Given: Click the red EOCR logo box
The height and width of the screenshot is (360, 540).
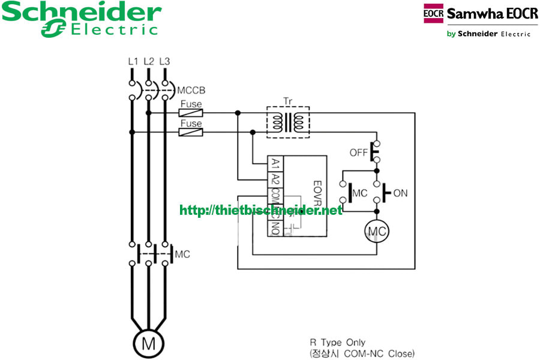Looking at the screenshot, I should click(433, 14).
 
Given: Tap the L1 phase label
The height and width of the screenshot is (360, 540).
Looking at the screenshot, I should click(133, 61).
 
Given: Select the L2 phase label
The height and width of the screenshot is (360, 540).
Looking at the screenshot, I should click(149, 61).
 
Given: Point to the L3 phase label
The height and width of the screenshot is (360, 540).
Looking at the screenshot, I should click(164, 61).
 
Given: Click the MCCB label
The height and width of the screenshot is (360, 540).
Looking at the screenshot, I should click(191, 91).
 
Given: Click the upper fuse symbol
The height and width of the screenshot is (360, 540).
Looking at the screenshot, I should click(191, 112).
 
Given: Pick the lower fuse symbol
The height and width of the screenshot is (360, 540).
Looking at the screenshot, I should click(191, 132).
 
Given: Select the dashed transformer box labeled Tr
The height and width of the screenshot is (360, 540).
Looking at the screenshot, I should click(287, 122).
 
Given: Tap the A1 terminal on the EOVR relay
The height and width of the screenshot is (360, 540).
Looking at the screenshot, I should click(275, 163).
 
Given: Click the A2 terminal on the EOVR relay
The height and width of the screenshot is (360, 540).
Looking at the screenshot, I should click(275, 179).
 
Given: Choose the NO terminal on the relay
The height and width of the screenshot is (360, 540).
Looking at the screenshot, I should click(275, 228).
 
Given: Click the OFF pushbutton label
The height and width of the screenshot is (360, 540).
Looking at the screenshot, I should click(358, 153).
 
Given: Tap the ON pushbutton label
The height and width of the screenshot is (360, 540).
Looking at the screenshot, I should click(400, 193).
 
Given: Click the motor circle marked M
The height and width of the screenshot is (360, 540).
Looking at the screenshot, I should click(148, 344).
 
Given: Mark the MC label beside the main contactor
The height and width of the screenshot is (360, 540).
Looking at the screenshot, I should click(182, 254).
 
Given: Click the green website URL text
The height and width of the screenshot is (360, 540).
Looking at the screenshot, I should click(261, 211).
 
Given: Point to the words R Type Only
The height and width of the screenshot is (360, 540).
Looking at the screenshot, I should click(337, 343).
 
